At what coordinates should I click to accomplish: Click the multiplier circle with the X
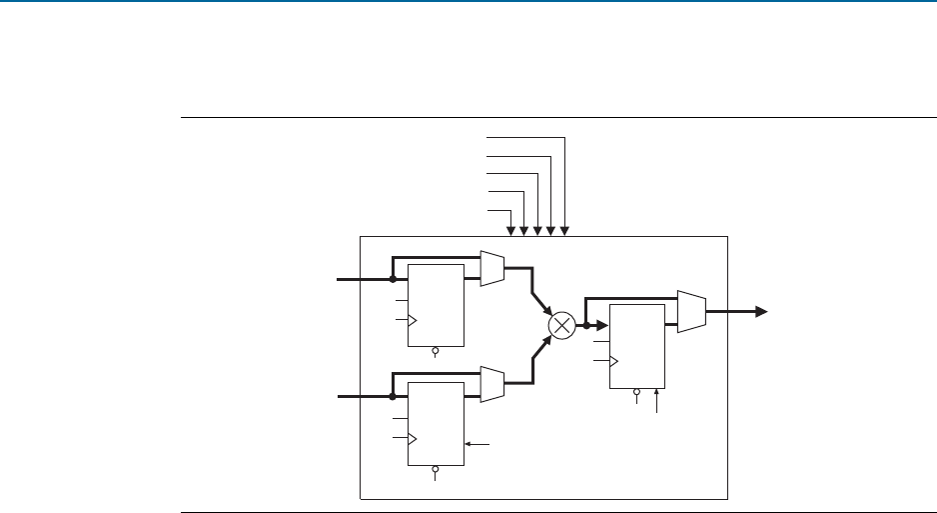pyautogui.click(x=562, y=324)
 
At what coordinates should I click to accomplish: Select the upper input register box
pyautogui.click(x=436, y=305)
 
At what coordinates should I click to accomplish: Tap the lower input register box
pyautogui.click(x=436, y=423)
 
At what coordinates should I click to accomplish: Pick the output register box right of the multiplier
pyautogui.click(x=636, y=346)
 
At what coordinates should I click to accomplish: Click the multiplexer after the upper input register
pyautogui.click(x=492, y=268)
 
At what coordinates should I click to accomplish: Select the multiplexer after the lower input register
pyautogui.click(x=492, y=385)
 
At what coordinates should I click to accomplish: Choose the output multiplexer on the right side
pyautogui.click(x=691, y=311)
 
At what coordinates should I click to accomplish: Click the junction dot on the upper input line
pyautogui.click(x=393, y=280)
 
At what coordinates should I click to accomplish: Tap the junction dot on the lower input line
pyautogui.click(x=393, y=397)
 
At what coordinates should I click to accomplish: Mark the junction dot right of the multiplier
pyautogui.click(x=586, y=325)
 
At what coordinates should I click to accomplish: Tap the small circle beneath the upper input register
pyautogui.click(x=436, y=351)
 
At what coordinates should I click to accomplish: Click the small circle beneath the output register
pyautogui.click(x=636, y=394)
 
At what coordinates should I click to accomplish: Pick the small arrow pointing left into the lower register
pyautogui.click(x=469, y=443)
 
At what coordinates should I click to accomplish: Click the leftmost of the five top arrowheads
pyautogui.click(x=511, y=231)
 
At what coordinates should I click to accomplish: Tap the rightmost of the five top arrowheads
pyautogui.click(x=565, y=231)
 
